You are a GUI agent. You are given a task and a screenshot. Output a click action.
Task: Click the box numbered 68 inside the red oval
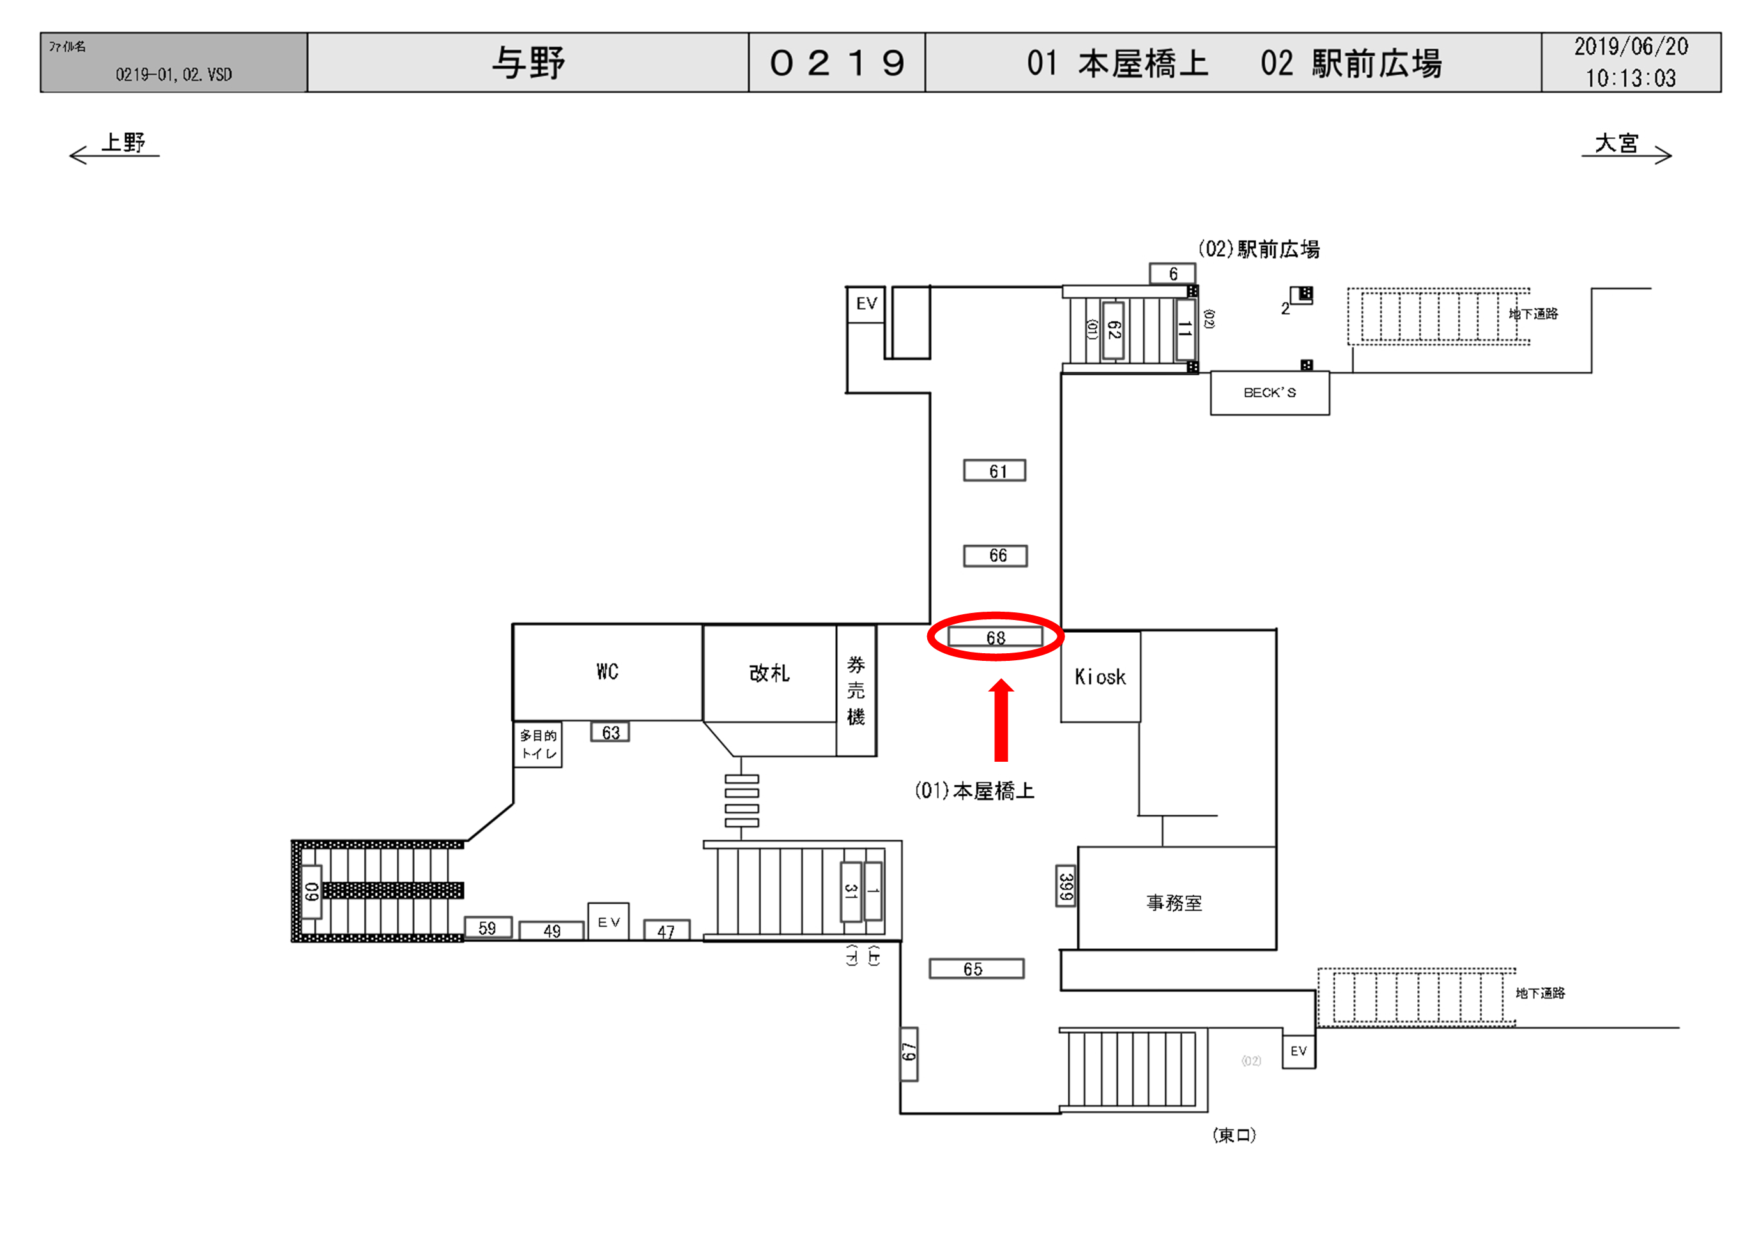click(996, 637)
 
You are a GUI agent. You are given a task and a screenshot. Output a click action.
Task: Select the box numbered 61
click(995, 471)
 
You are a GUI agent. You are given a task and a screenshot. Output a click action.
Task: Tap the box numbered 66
click(996, 555)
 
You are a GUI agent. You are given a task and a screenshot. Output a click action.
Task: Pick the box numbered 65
click(976, 968)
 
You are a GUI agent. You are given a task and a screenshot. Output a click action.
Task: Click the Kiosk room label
click(1100, 676)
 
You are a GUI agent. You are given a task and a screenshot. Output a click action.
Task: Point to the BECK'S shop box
click(1270, 393)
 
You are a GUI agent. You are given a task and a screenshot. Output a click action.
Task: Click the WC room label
click(607, 671)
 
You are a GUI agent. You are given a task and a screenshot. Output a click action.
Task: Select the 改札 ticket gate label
click(769, 673)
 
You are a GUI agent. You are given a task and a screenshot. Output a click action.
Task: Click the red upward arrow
click(1001, 720)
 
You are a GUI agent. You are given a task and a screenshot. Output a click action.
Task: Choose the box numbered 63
click(610, 732)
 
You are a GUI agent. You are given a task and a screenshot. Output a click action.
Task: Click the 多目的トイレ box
click(539, 745)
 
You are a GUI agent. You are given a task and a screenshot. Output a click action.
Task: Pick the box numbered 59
click(488, 928)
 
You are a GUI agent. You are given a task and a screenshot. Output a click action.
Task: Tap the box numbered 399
click(1066, 886)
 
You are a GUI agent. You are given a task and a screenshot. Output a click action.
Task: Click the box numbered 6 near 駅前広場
click(1173, 273)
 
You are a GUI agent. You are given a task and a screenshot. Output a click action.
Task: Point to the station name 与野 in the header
click(528, 63)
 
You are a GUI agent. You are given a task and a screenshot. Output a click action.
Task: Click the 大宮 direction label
click(1617, 143)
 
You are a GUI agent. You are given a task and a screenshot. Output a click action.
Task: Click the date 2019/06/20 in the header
click(1631, 47)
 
